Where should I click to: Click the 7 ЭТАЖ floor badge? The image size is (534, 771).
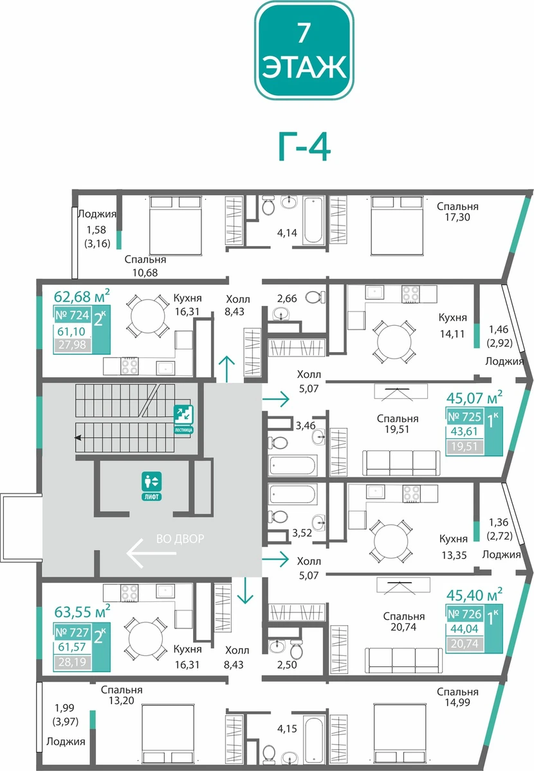click(304, 51)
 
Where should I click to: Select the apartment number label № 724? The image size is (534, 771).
click(73, 315)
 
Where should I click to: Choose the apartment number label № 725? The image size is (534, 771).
click(465, 417)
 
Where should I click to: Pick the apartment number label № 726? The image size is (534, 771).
click(465, 614)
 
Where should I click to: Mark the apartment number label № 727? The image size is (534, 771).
click(73, 632)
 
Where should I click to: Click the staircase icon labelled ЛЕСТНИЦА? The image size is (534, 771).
click(183, 419)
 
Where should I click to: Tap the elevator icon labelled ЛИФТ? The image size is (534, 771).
click(151, 486)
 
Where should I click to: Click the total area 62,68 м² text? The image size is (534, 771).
click(82, 296)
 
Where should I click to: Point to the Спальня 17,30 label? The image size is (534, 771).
click(457, 211)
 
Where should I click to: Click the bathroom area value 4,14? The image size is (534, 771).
click(287, 233)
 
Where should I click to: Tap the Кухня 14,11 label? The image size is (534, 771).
click(453, 325)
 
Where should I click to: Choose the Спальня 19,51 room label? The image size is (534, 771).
click(398, 423)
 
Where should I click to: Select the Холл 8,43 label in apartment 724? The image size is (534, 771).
click(237, 305)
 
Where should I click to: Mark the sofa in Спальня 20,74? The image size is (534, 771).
click(403, 660)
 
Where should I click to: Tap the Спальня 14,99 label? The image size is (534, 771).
click(457, 697)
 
